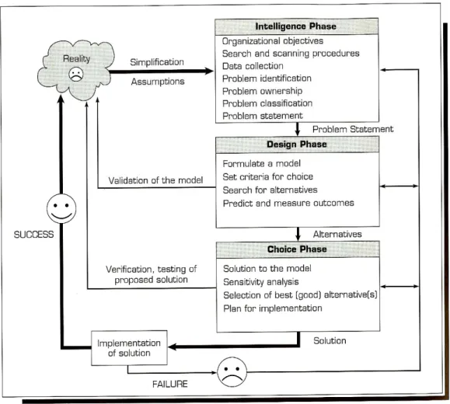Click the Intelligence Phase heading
[295, 26]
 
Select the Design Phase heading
[297, 144]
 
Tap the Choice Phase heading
[297, 249]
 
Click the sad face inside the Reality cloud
[76, 75]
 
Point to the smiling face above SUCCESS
[61, 208]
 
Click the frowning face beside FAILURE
[232, 372]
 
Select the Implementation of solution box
[129, 348]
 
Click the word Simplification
[157, 62]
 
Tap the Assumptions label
[158, 82]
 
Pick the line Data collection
[253, 66]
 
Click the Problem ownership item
[263, 91]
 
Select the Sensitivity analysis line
[261, 282]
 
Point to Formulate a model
[261, 164]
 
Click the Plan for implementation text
[273, 308]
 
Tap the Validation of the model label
[155, 180]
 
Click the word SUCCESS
[34, 235]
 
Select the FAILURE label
[170, 384]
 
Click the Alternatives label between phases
[337, 234]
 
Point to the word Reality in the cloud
[76, 59]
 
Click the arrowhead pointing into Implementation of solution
[173, 347]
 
